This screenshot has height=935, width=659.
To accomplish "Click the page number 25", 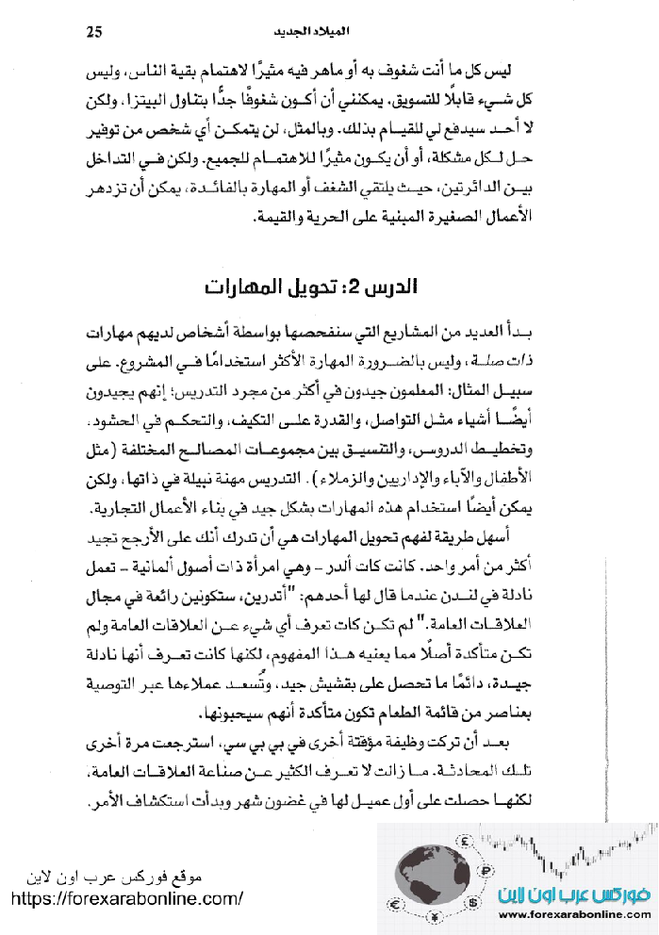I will click(93, 31).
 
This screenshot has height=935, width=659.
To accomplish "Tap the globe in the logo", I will click(433, 872).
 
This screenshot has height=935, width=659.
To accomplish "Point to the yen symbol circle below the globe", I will click(437, 918).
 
